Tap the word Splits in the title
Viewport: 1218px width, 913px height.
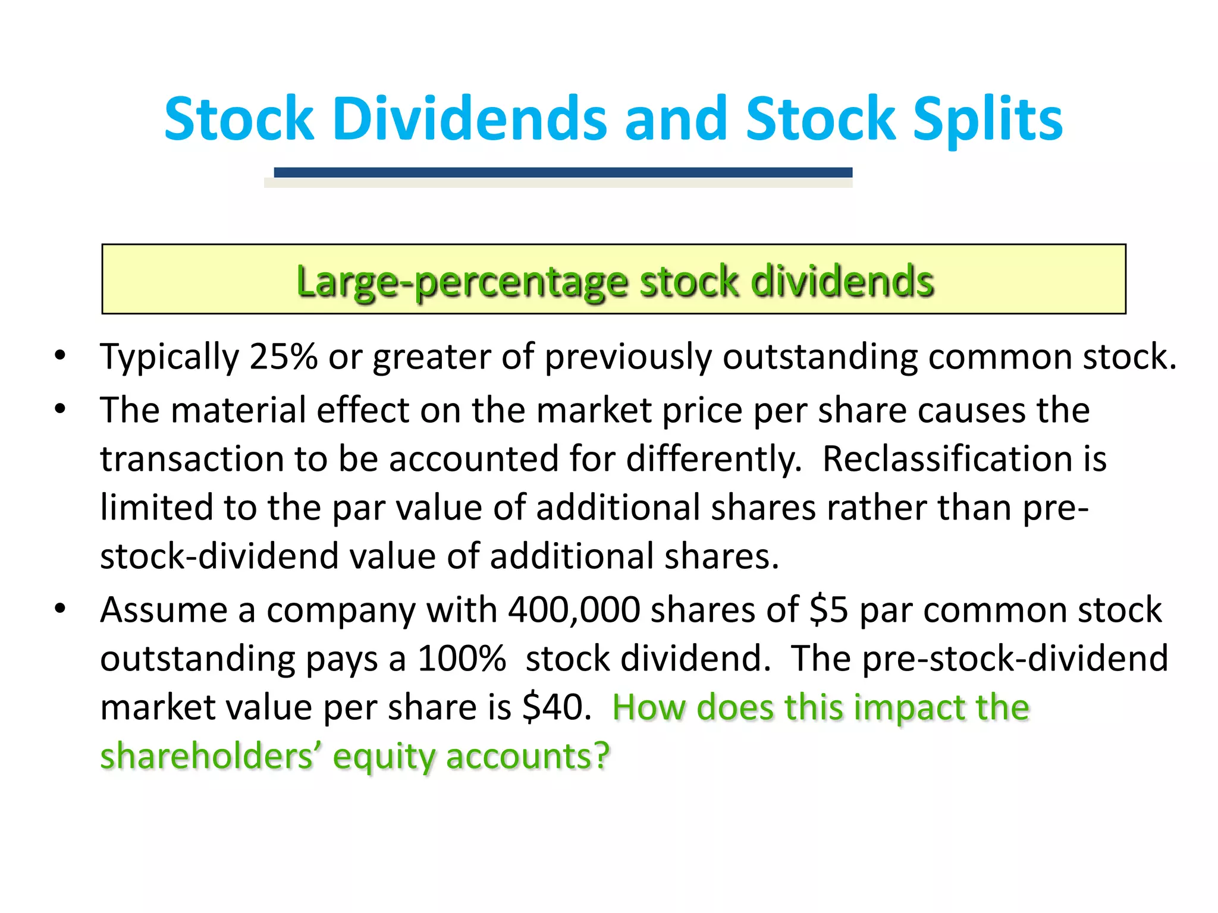point(987,120)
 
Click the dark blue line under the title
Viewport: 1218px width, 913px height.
point(563,172)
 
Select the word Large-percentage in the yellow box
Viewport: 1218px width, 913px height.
point(462,282)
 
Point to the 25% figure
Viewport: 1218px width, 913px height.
point(284,357)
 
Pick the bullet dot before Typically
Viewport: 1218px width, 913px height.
point(60,355)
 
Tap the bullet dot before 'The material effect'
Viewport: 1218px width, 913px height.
point(60,410)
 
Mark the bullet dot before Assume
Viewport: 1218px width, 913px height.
point(60,609)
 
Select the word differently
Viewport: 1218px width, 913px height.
point(714,459)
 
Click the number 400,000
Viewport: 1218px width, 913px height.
point(573,610)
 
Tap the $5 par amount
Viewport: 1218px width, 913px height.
point(828,610)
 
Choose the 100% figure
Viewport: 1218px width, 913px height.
point(462,659)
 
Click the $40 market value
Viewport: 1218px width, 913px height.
point(557,707)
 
